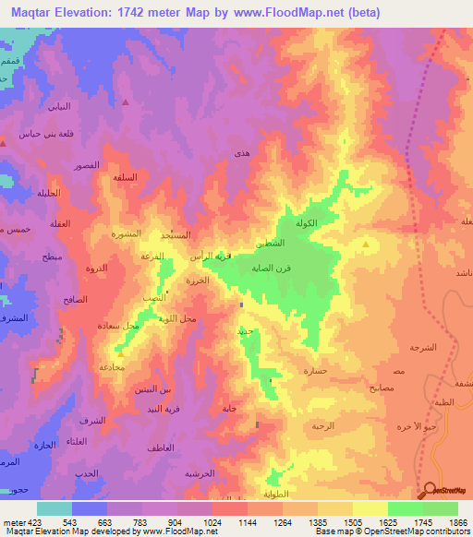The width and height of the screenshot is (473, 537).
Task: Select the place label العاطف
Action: [x=160, y=447]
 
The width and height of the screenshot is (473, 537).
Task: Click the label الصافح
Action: [x=76, y=300]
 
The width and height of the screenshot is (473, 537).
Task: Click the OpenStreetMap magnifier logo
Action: [x=431, y=490]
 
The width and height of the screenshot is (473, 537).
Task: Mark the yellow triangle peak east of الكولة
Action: [x=367, y=245]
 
